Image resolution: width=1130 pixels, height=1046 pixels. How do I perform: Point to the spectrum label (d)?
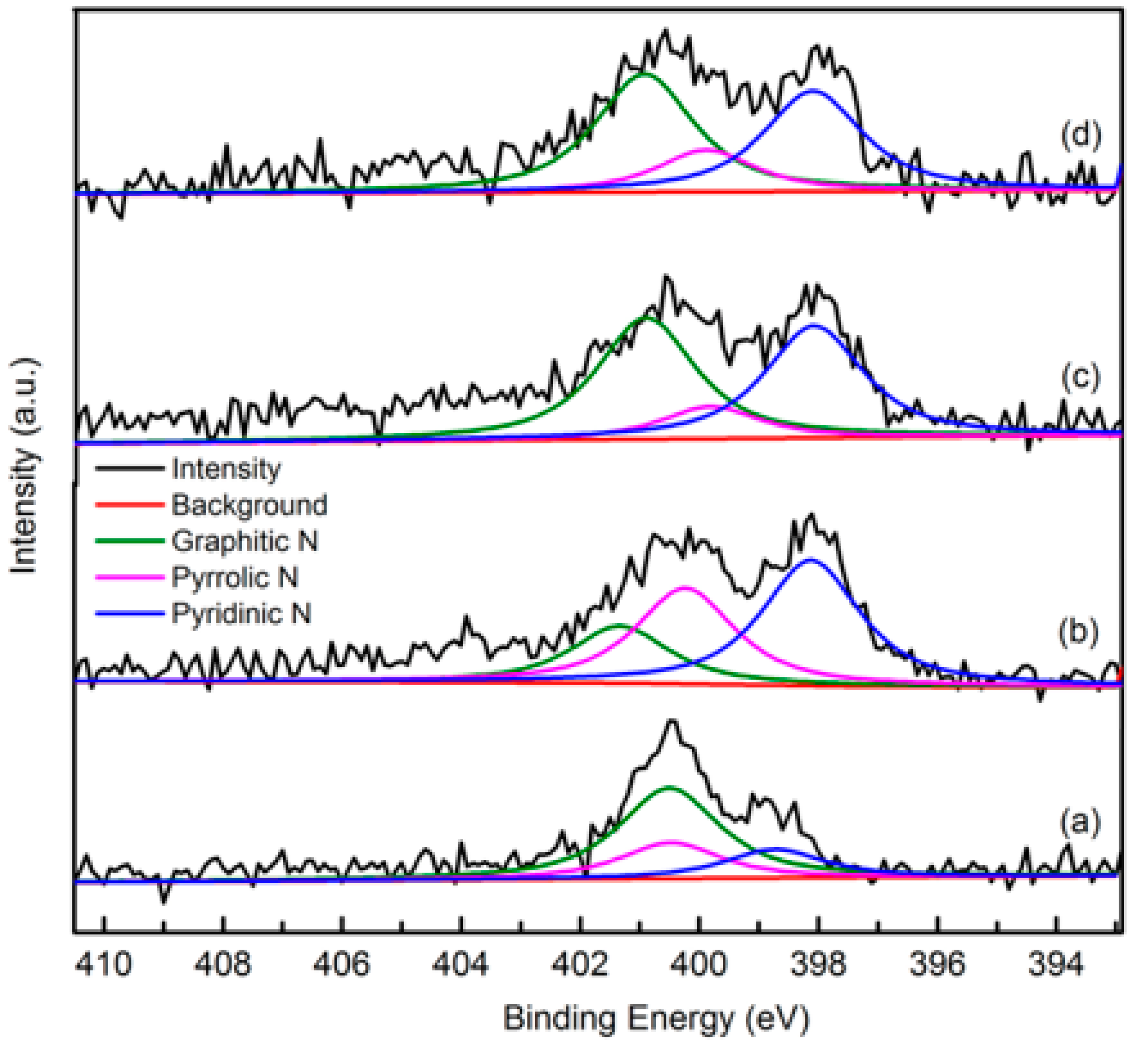click(1080, 136)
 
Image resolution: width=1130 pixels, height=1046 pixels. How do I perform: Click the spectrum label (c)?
click(1080, 376)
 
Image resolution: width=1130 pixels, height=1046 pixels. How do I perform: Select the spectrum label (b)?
click(1079, 631)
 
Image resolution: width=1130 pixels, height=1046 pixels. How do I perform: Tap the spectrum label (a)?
click(1080, 822)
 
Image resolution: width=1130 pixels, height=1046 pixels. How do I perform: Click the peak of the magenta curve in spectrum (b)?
click(686, 587)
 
